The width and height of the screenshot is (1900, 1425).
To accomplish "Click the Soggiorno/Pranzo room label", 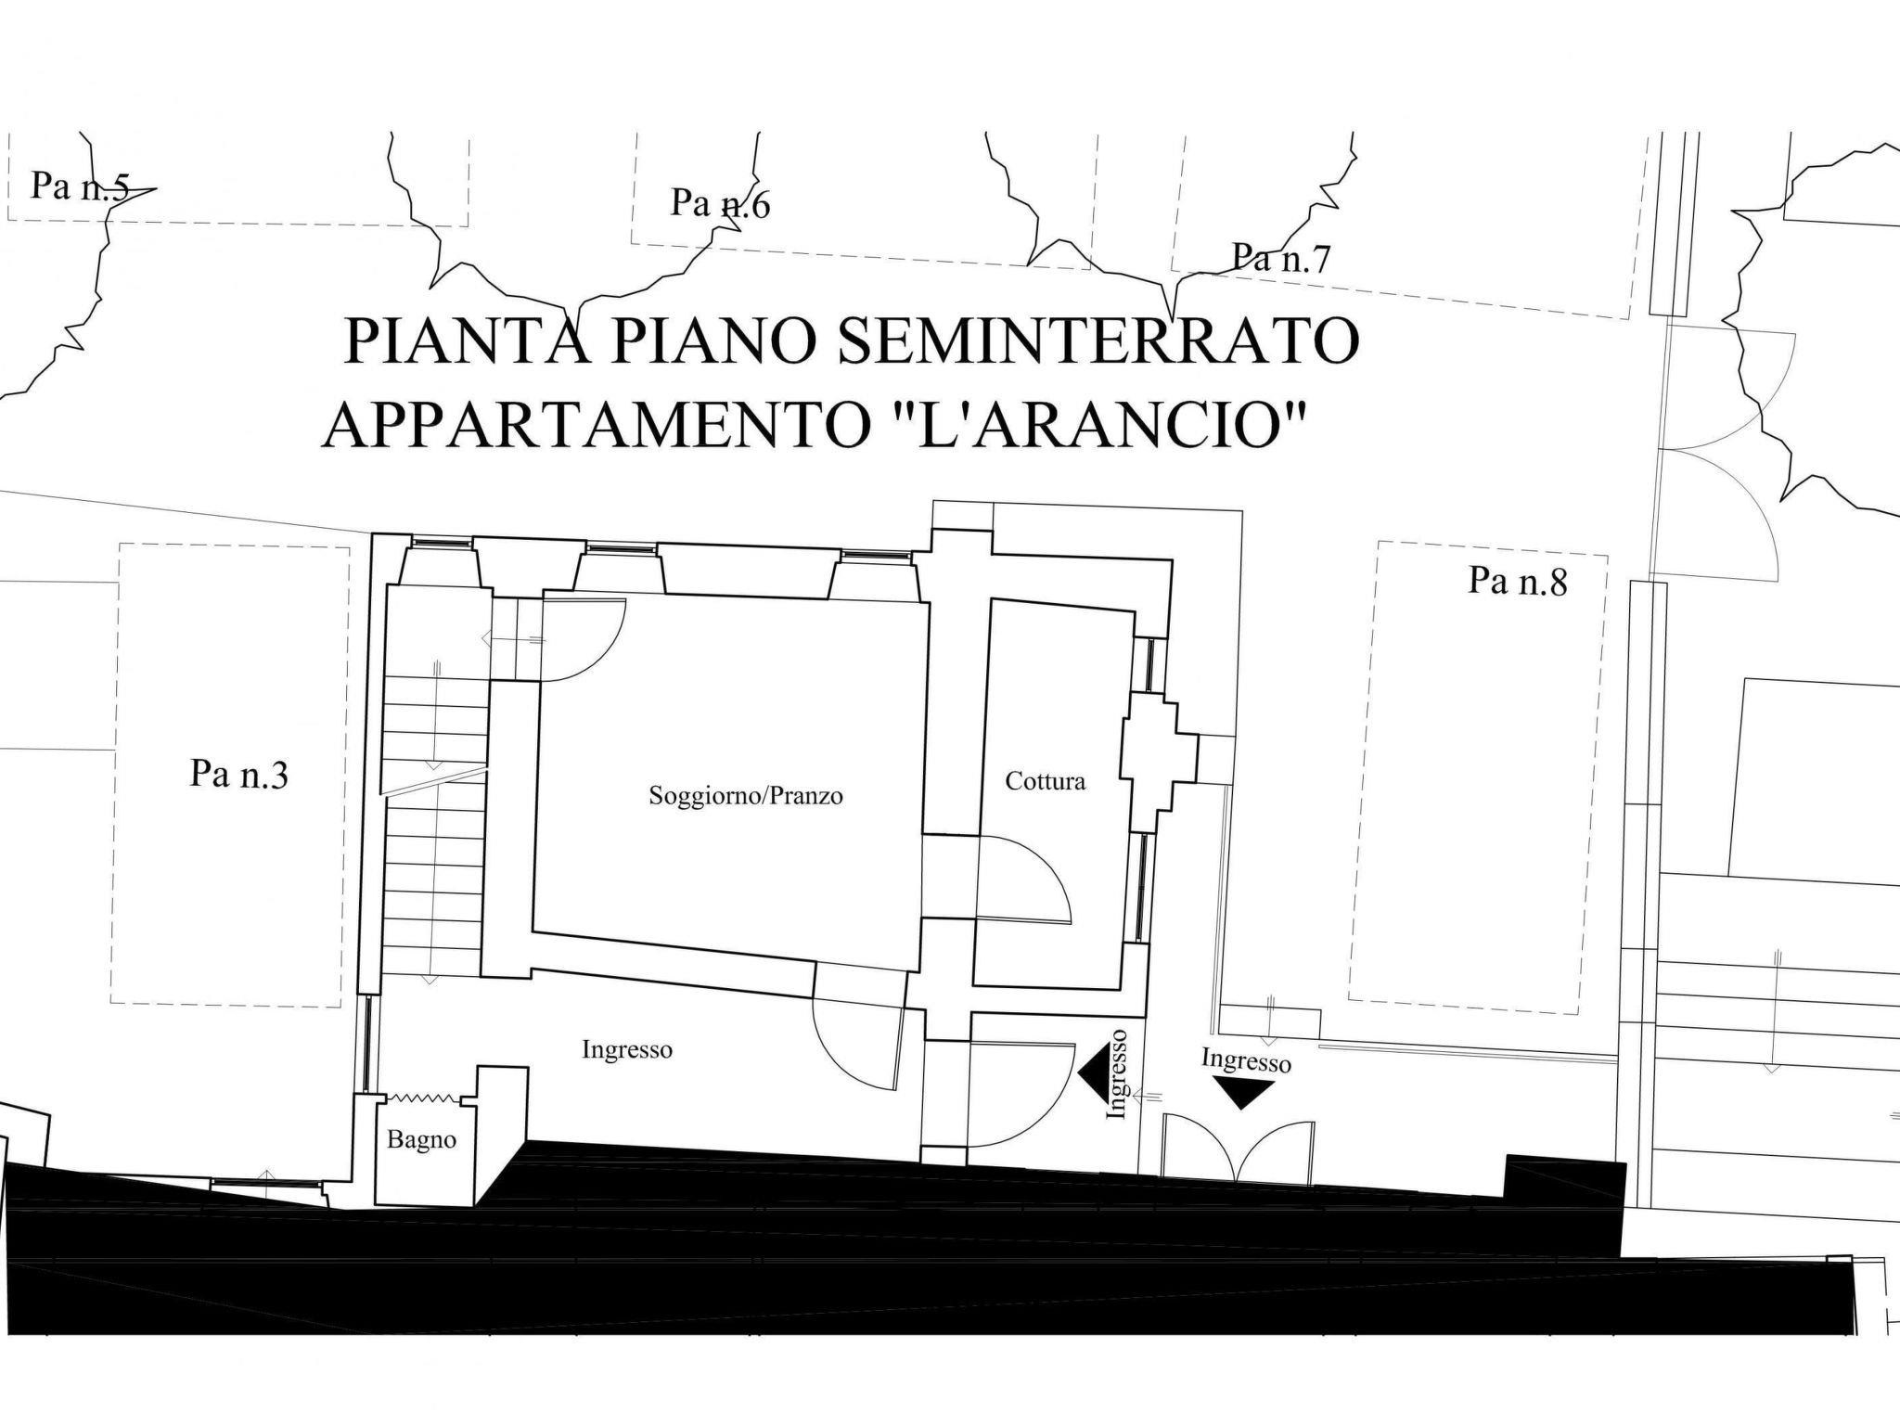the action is pos(746,796).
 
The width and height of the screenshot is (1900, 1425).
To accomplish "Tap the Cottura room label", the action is pos(1045,781).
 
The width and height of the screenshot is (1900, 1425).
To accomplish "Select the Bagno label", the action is pos(421,1140).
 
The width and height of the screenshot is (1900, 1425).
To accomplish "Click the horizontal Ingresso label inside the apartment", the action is pos(627,1050).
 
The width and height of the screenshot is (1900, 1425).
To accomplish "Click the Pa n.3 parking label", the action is pos(239,774).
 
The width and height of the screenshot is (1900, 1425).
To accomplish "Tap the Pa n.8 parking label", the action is pos(1518,581).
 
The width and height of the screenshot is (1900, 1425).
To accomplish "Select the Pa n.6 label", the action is pos(721,203).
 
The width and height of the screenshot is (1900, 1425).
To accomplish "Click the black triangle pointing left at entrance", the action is pos(1093,1073).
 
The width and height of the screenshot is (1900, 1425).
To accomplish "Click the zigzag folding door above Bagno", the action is pos(423,1098).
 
